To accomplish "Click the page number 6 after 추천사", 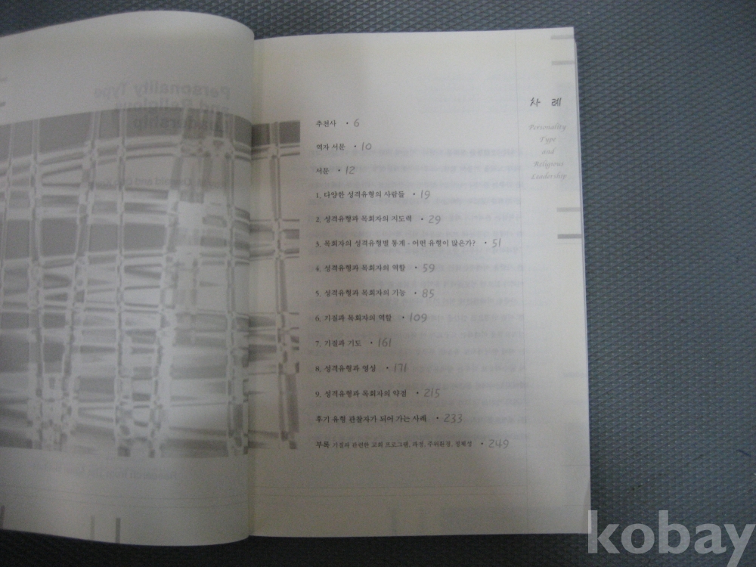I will [356, 122].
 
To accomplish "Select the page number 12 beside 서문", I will [350, 171].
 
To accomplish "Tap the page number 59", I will [429, 268].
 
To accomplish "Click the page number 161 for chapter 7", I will [383, 342].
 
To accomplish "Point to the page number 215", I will [432, 393].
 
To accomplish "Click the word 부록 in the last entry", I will [321, 444].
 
